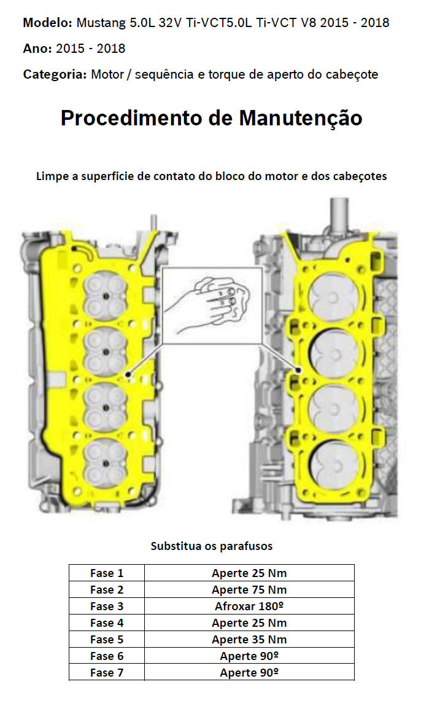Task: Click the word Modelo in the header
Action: [47, 23]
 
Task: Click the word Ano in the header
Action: [36, 49]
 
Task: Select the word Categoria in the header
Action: [54, 74]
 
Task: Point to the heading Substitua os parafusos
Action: [211, 546]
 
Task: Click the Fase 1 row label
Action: [107, 573]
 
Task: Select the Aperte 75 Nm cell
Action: [249, 590]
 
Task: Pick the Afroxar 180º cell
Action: [249, 607]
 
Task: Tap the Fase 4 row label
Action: [107, 623]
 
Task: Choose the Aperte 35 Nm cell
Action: [249, 640]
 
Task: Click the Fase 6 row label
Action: [107, 656]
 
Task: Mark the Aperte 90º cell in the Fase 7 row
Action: [249, 673]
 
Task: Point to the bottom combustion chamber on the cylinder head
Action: [106, 462]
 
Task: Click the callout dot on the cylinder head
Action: [128, 374]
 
